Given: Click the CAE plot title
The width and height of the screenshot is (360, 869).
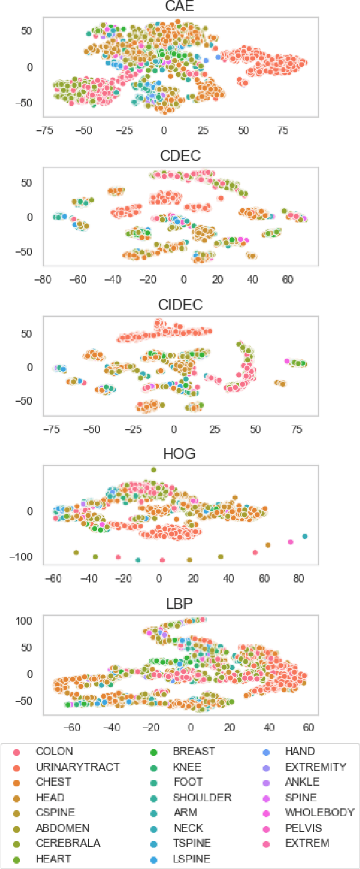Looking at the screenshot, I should point(181,7).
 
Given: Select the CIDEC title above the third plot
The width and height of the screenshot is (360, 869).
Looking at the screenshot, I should point(181,305).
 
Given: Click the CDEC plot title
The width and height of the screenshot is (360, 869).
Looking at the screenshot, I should point(181,156).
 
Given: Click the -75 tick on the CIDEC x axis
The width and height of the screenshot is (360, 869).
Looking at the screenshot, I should point(52,429).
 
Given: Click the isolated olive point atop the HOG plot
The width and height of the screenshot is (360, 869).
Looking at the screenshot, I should point(153,470).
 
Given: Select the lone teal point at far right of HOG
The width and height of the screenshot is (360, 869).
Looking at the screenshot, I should point(305,536).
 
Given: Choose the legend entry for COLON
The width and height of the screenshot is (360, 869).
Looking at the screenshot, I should point(54,751).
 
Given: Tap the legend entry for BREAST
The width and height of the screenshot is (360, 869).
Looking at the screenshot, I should point(194,751).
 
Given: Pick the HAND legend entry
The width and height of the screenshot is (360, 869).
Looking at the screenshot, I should point(300,751).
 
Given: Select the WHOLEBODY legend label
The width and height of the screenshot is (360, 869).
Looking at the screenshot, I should point(320,813).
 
